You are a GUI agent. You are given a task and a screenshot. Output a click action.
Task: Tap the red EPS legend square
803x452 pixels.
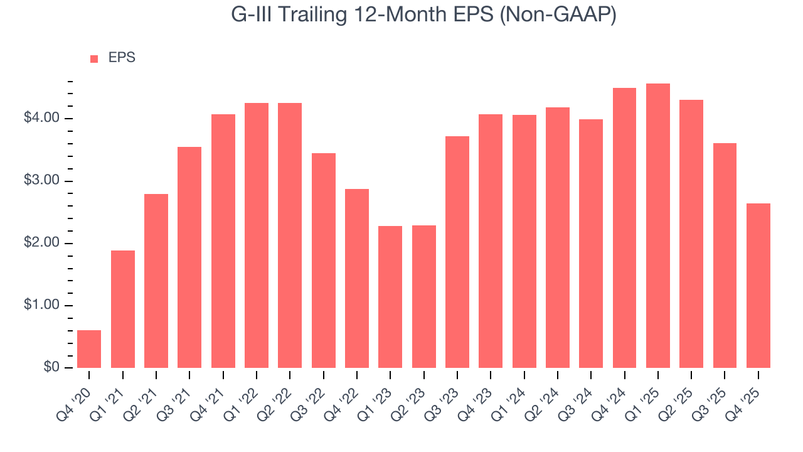(x=94, y=58)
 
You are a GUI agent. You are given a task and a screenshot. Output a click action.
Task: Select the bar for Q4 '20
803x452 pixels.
(x=89, y=349)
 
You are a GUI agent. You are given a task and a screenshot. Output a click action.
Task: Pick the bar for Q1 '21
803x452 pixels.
(x=123, y=309)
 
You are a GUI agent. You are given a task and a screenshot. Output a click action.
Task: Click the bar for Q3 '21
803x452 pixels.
(x=189, y=257)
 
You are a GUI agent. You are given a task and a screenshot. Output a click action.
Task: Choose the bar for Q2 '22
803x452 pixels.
(x=290, y=235)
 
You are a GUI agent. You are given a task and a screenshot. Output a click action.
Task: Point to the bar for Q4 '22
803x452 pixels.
(x=357, y=278)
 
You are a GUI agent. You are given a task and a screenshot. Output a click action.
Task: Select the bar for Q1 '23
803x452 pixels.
(x=390, y=297)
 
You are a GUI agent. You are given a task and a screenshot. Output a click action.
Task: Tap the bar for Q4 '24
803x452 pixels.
(x=624, y=228)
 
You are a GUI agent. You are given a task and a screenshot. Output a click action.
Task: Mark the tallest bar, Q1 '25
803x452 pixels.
(x=658, y=225)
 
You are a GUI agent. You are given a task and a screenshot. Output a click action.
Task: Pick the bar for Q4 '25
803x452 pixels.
(x=758, y=286)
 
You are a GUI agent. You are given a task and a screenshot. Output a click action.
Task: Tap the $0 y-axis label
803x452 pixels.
(x=51, y=368)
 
